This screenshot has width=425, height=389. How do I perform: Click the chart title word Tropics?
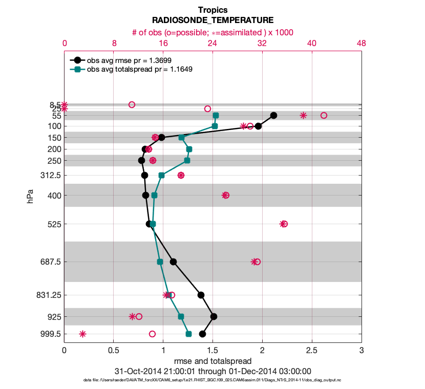click(x=213, y=10)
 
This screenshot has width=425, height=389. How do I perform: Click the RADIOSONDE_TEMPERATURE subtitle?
click(x=213, y=20)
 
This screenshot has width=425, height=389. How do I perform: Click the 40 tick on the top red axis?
click(x=312, y=44)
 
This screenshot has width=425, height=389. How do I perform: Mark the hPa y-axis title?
click(x=30, y=195)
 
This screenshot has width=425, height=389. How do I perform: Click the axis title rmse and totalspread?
click(x=213, y=361)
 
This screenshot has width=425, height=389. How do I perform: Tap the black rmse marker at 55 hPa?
click(x=273, y=115)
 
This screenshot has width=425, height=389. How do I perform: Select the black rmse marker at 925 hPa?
click(x=214, y=316)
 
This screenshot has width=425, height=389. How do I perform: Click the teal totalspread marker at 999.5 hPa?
click(x=188, y=334)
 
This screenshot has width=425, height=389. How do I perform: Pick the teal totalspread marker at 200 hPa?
click(x=189, y=149)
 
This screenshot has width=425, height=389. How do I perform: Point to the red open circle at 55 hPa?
click(x=324, y=115)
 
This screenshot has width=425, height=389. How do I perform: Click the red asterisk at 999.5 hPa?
click(x=82, y=334)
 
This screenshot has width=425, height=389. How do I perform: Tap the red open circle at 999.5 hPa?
click(x=152, y=334)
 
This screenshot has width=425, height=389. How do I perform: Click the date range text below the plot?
click(x=213, y=371)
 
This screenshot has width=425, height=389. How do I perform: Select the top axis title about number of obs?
click(x=213, y=32)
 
